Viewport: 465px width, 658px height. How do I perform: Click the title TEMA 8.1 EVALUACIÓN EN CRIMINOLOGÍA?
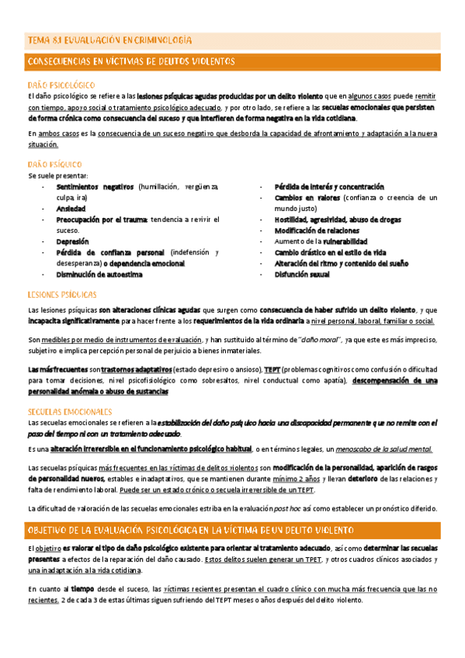pyautogui.click(x=110, y=39)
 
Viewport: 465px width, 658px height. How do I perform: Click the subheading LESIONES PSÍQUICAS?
pyautogui.click(x=62, y=295)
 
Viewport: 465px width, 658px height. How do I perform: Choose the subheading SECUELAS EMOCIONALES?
pyautogui.click(x=68, y=410)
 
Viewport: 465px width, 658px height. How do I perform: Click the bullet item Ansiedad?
pyautogui.click(x=71, y=209)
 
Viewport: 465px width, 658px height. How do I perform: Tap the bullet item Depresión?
pyautogui.click(x=74, y=242)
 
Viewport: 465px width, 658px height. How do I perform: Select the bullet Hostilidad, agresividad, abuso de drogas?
pyautogui.click(x=338, y=220)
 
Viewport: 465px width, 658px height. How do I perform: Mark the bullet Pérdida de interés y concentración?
pyautogui.click(x=329, y=187)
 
